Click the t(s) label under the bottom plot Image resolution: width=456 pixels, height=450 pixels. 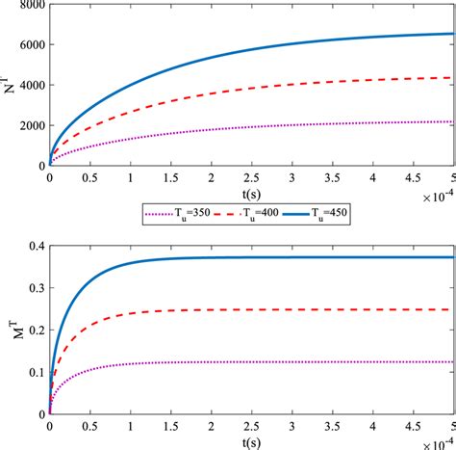252,443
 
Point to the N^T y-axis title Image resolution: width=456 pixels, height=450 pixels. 9,85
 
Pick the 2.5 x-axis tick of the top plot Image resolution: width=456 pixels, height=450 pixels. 252,178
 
